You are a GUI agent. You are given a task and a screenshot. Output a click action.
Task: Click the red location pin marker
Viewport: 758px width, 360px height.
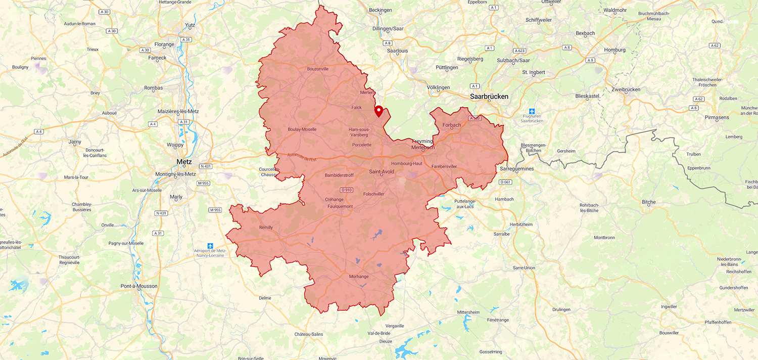click(378, 111)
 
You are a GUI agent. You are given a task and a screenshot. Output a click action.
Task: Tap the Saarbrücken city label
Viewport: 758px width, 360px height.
click(489, 96)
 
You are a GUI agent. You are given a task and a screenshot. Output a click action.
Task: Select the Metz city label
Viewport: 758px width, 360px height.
click(184, 162)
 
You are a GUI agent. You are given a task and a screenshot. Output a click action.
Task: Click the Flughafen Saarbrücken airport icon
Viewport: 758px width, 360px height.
click(531, 111)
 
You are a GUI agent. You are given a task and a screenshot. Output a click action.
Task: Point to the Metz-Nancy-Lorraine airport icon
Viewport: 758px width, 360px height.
click(210, 246)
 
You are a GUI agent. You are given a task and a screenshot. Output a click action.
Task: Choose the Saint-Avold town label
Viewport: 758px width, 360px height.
click(382, 172)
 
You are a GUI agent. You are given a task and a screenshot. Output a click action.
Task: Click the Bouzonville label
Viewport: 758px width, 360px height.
click(317, 69)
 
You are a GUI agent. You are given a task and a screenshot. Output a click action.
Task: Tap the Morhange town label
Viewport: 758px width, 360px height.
click(359, 277)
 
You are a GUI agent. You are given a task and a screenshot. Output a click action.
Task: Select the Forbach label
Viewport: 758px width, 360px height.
click(452, 125)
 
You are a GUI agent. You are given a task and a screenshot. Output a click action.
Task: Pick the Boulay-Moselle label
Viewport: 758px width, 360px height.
click(302, 129)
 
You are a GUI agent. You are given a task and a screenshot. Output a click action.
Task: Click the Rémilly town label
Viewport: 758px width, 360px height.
click(266, 228)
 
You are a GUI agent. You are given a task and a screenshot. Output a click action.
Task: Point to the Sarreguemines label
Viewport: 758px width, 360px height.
click(517, 168)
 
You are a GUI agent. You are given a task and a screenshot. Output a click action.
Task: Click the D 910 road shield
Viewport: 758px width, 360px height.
click(346, 190)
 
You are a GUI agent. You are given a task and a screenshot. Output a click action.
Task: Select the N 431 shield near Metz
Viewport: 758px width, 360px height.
click(205, 166)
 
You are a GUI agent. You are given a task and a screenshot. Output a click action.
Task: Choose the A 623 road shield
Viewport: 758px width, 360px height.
click(519, 51)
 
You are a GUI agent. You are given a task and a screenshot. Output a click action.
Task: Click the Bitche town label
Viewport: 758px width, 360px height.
click(648, 202)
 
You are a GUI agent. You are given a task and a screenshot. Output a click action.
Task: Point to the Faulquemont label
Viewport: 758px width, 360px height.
click(340, 206)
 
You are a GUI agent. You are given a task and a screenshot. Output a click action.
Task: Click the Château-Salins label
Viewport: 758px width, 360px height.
click(309, 334)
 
